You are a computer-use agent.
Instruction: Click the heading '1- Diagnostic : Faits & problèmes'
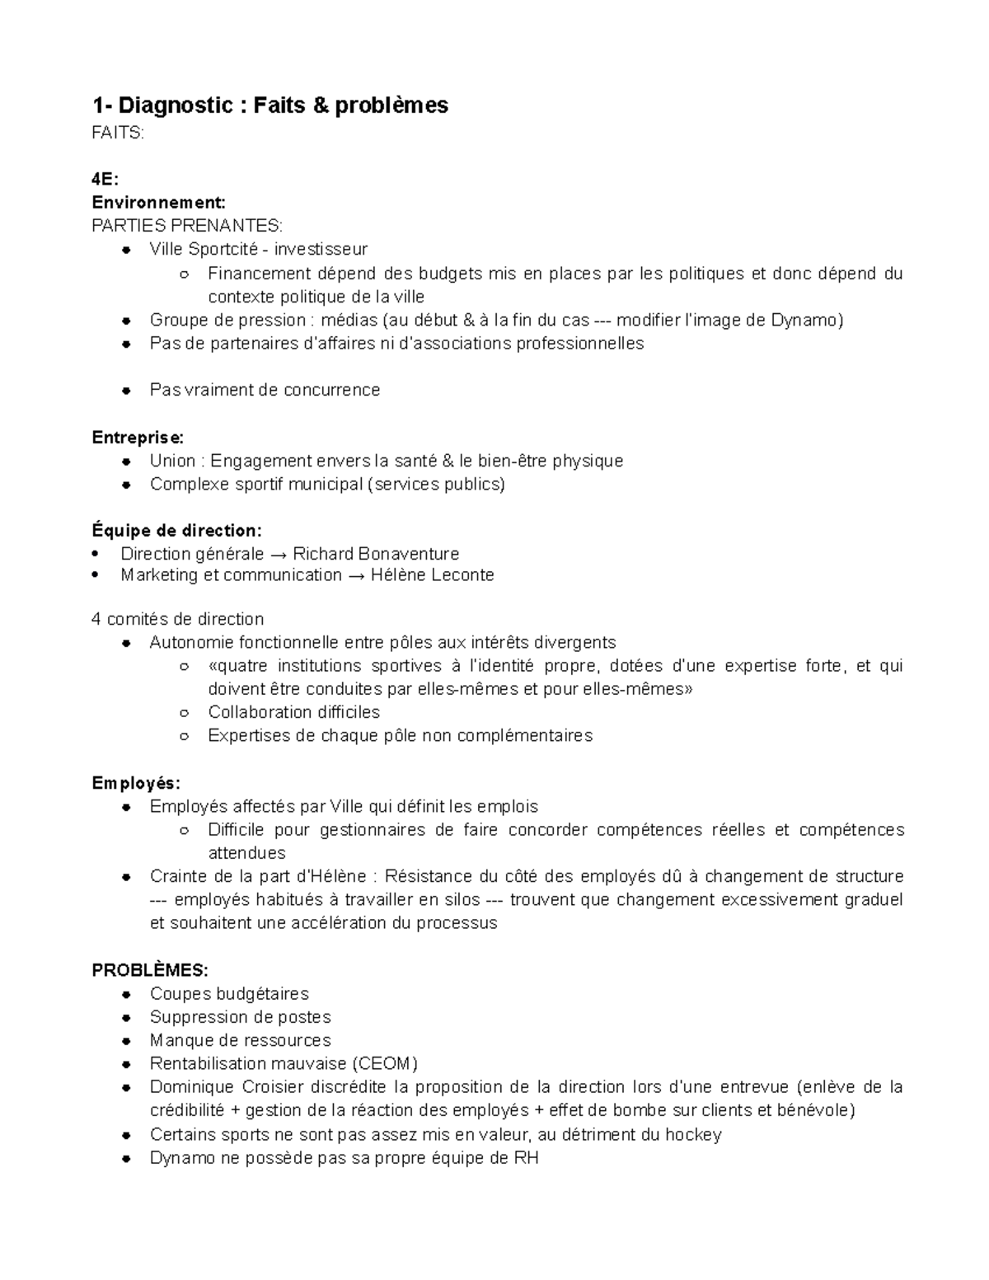[x=270, y=105]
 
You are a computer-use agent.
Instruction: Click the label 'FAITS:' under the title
[x=117, y=133]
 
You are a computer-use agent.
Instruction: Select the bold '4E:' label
[x=105, y=180]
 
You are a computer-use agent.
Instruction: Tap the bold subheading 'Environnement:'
[x=158, y=203]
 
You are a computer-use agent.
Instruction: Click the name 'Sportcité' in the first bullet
[x=223, y=249]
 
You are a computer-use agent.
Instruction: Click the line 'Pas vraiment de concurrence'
[x=265, y=390]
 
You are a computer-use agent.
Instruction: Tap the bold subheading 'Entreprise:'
[x=138, y=437]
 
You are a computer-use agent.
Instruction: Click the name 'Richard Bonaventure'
[x=376, y=554]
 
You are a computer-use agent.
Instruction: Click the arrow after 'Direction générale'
[x=278, y=554]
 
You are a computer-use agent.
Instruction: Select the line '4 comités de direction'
[x=177, y=619]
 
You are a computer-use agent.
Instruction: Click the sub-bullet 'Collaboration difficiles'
[x=293, y=712]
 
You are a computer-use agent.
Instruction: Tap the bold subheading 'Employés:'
[x=135, y=783]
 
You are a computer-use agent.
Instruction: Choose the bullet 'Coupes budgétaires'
[x=229, y=994]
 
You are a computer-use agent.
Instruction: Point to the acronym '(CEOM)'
[x=386, y=1063]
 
